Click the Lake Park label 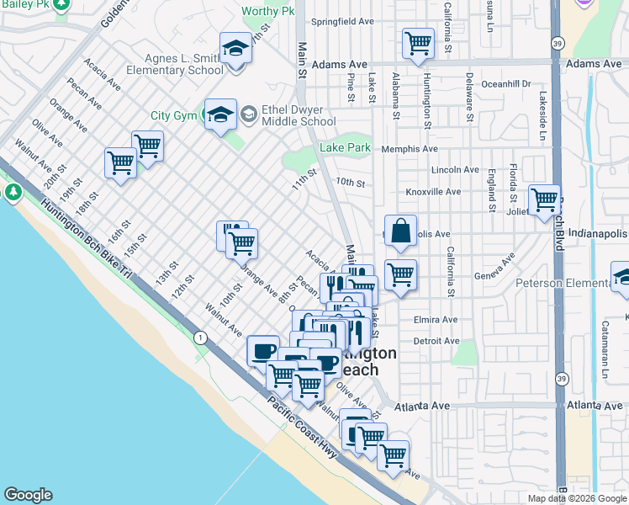pos(345,148)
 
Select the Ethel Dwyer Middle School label pos(288,115)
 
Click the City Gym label pos(172,115)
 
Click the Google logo pos(28,495)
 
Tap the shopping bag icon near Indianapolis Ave pos(402,231)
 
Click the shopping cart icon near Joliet pos(544,199)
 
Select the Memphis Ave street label pos(410,149)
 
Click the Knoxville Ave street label pos(433,192)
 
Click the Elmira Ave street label pos(436,320)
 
